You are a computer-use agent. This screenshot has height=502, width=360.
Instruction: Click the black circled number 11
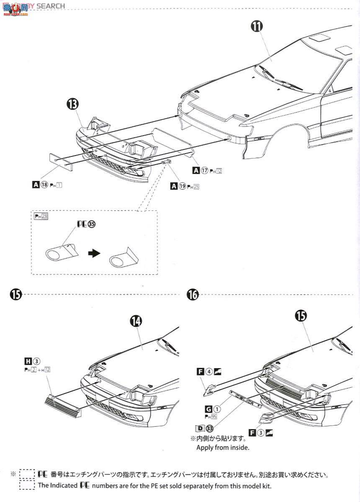pyautogui.click(x=257, y=26)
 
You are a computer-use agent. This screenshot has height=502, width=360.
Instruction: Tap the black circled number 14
pyautogui.click(x=136, y=321)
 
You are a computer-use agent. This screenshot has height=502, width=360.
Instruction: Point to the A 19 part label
pyautogui.click(x=185, y=186)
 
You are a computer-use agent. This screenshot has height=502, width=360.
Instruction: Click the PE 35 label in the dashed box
pyautogui.click(x=86, y=224)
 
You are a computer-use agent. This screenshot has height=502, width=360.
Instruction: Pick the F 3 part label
pyautogui.click(x=262, y=433)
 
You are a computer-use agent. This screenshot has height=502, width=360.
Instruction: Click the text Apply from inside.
pyautogui.click(x=223, y=448)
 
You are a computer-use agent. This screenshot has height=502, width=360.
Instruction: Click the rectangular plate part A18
pyautogui.click(x=60, y=161)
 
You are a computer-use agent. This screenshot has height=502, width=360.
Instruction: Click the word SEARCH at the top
pyautogui.click(x=51, y=6)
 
